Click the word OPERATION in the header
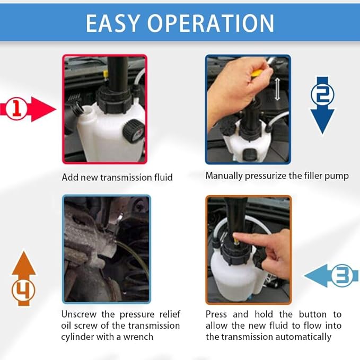(x=218, y=23)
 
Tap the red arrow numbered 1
(x=29, y=109)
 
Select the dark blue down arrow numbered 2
(x=322, y=106)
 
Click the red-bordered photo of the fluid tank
(x=104, y=109)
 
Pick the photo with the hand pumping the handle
(x=248, y=109)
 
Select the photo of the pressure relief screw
(x=106, y=249)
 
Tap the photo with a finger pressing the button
(x=248, y=249)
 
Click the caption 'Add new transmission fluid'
(x=117, y=177)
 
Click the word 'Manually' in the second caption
(x=224, y=175)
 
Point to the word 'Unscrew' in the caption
(x=79, y=314)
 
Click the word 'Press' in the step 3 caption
(x=217, y=314)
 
